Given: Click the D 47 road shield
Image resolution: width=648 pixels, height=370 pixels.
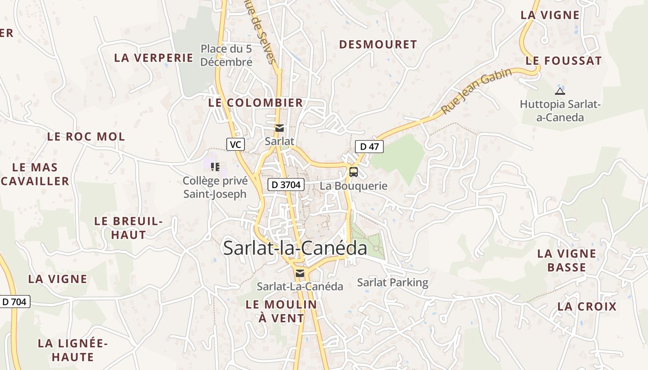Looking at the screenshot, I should [x=369, y=147].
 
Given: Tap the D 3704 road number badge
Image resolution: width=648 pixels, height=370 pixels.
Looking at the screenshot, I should [x=286, y=185].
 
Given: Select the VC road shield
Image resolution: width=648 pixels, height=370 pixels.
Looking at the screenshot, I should [x=235, y=144].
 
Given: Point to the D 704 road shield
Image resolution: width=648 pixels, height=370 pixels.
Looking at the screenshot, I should [x=14, y=302].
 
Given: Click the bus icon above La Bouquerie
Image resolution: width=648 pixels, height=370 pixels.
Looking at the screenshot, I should [x=354, y=172].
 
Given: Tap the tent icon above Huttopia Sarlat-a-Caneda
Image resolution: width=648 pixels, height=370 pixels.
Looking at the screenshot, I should [x=560, y=91].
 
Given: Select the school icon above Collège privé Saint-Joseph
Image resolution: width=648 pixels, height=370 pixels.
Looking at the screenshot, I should [x=215, y=166].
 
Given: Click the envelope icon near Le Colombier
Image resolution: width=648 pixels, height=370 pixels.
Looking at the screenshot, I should [x=279, y=128].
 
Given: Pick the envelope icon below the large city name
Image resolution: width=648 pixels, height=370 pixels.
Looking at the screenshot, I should [x=300, y=273].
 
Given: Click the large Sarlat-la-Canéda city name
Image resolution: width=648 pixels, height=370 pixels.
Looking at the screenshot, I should [x=295, y=248].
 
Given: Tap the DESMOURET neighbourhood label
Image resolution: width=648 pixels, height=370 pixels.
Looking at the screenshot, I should [x=378, y=44].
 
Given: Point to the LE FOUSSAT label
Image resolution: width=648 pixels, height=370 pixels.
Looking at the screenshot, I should [x=563, y=61].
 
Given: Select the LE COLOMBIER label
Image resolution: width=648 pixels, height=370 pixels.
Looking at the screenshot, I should [x=255, y=103].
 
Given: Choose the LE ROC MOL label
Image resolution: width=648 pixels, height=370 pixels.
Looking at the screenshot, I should [x=86, y=136].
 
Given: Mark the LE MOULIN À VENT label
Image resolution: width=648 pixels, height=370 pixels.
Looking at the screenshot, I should [x=281, y=311].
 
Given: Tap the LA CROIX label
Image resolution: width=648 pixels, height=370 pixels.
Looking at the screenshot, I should [x=587, y=307].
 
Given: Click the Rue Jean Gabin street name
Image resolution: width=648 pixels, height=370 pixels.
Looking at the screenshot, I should [x=476, y=91].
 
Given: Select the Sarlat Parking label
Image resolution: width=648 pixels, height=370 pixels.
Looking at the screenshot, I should [x=393, y=282].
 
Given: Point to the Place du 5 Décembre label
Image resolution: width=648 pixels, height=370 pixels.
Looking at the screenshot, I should [x=226, y=55].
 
